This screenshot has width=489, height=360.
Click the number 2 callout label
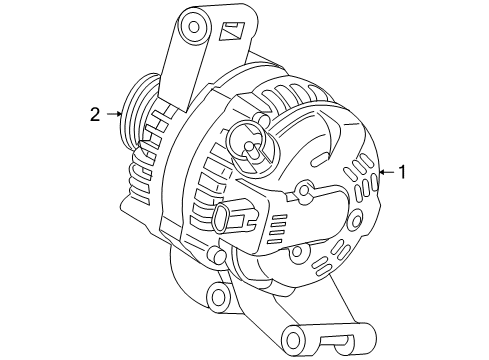95,114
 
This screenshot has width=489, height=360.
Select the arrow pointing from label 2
113,114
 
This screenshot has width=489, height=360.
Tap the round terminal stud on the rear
250,146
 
